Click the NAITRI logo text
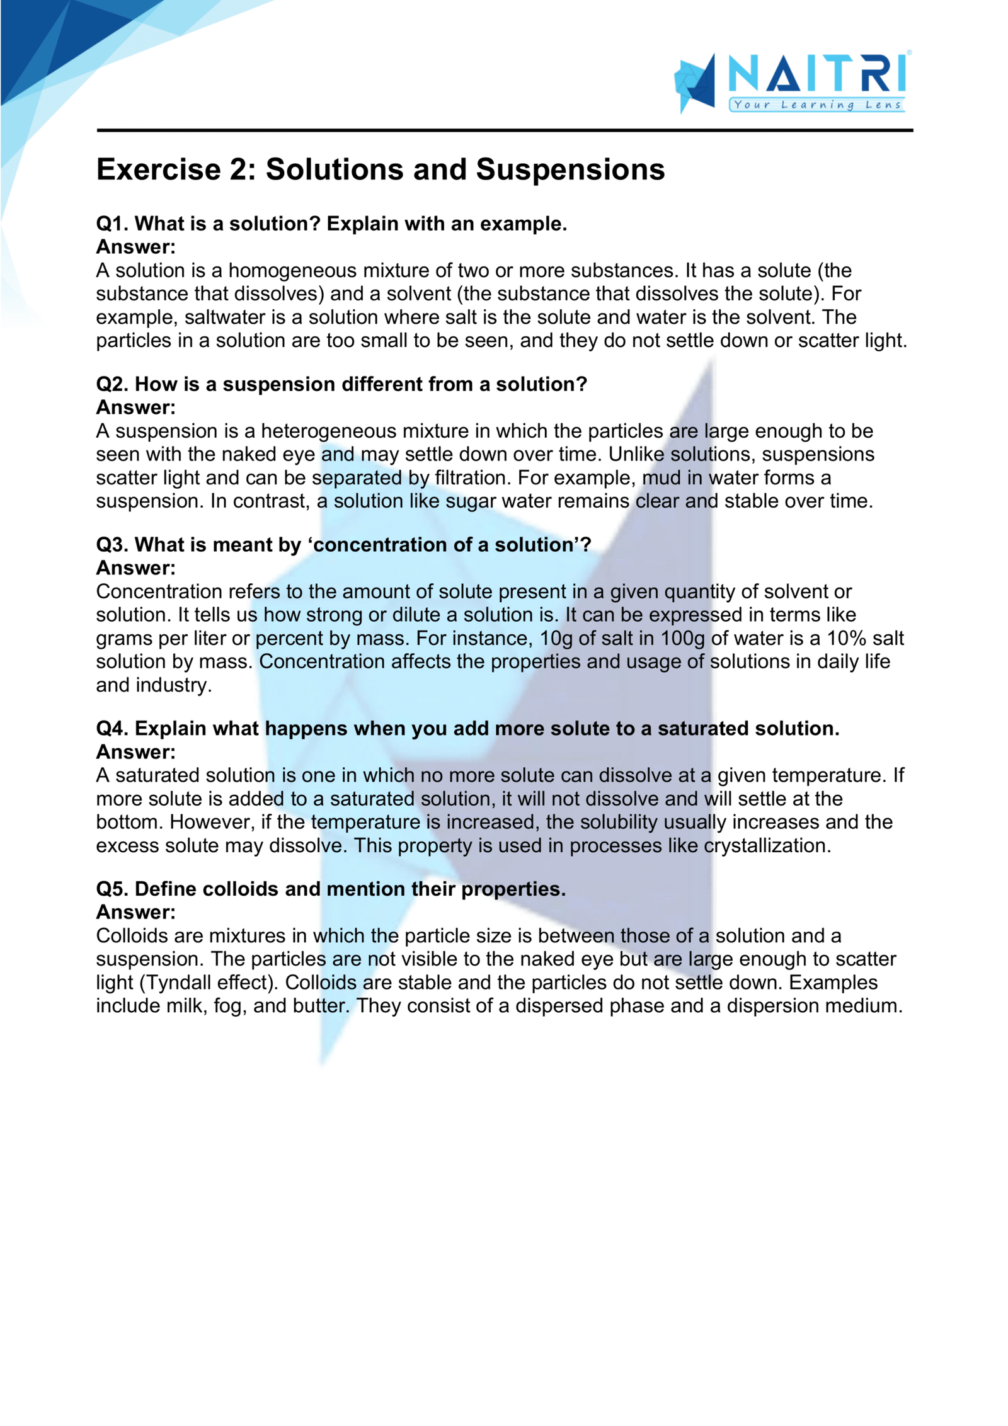tap(816, 74)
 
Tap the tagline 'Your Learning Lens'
tap(816, 105)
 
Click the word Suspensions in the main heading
tap(570, 169)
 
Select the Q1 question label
tap(112, 224)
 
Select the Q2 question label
tap(112, 384)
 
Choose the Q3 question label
tap(112, 544)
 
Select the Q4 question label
tap(112, 728)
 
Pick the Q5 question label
tap(112, 889)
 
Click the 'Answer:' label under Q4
tap(135, 751)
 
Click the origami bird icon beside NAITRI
tap(695, 83)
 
